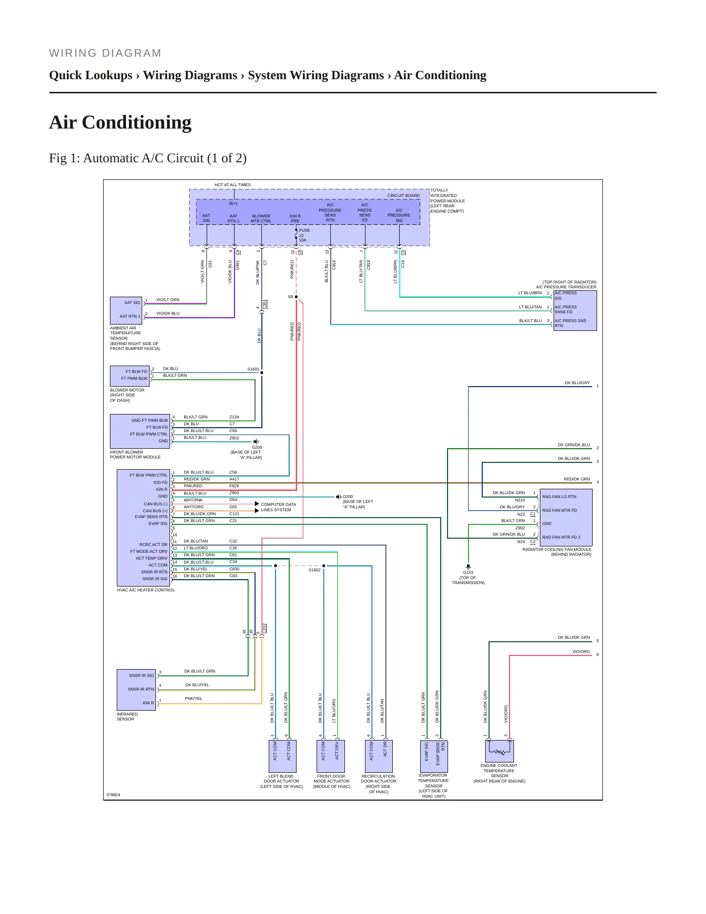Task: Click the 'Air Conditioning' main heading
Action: pyautogui.click(x=120, y=122)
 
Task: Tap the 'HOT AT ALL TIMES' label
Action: pyautogui.click(x=233, y=185)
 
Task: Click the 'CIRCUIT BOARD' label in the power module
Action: pyautogui.click(x=404, y=196)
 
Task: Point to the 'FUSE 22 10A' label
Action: pyautogui.click(x=304, y=235)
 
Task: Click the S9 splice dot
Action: pyautogui.click(x=296, y=297)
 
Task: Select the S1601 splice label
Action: pyautogui.click(x=253, y=369)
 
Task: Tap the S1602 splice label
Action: pyautogui.click(x=315, y=570)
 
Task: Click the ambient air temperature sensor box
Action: pyautogui.click(x=126, y=309)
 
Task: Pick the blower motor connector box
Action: pyautogui.click(x=129, y=375)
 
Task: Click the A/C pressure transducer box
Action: pyautogui.click(x=575, y=310)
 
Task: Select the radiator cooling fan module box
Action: pyautogui.click(x=565, y=517)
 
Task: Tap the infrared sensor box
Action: pyautogui.click(x=136, y=690)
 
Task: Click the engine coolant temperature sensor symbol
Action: pyautogui.click(x=499, y=751)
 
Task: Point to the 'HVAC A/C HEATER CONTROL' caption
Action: pyautogui.click(x=146, y=590)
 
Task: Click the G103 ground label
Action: pyautogui.click(x=468, y=572)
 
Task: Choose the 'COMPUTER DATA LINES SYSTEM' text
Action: pyautogui.click(x=278, y=507)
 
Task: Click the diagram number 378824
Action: pyautogui.click(x=113, y=795)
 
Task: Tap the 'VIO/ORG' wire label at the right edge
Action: pyautogui.click(x=581, y=652)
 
